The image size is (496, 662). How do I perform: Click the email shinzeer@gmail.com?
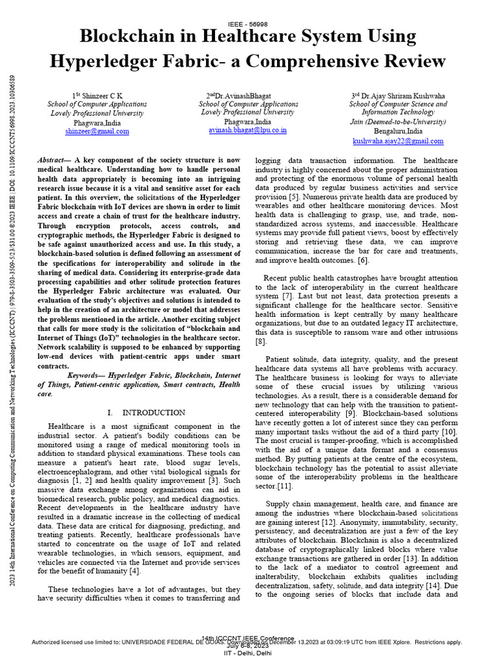(97, 131)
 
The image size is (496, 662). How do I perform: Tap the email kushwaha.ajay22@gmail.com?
(398, 140)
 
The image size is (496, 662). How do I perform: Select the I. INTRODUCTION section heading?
(147, 412)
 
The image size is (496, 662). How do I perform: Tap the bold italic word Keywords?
(87, 374)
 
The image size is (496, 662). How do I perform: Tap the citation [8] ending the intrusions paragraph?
(261, 341)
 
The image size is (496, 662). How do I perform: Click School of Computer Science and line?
(398, 103)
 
